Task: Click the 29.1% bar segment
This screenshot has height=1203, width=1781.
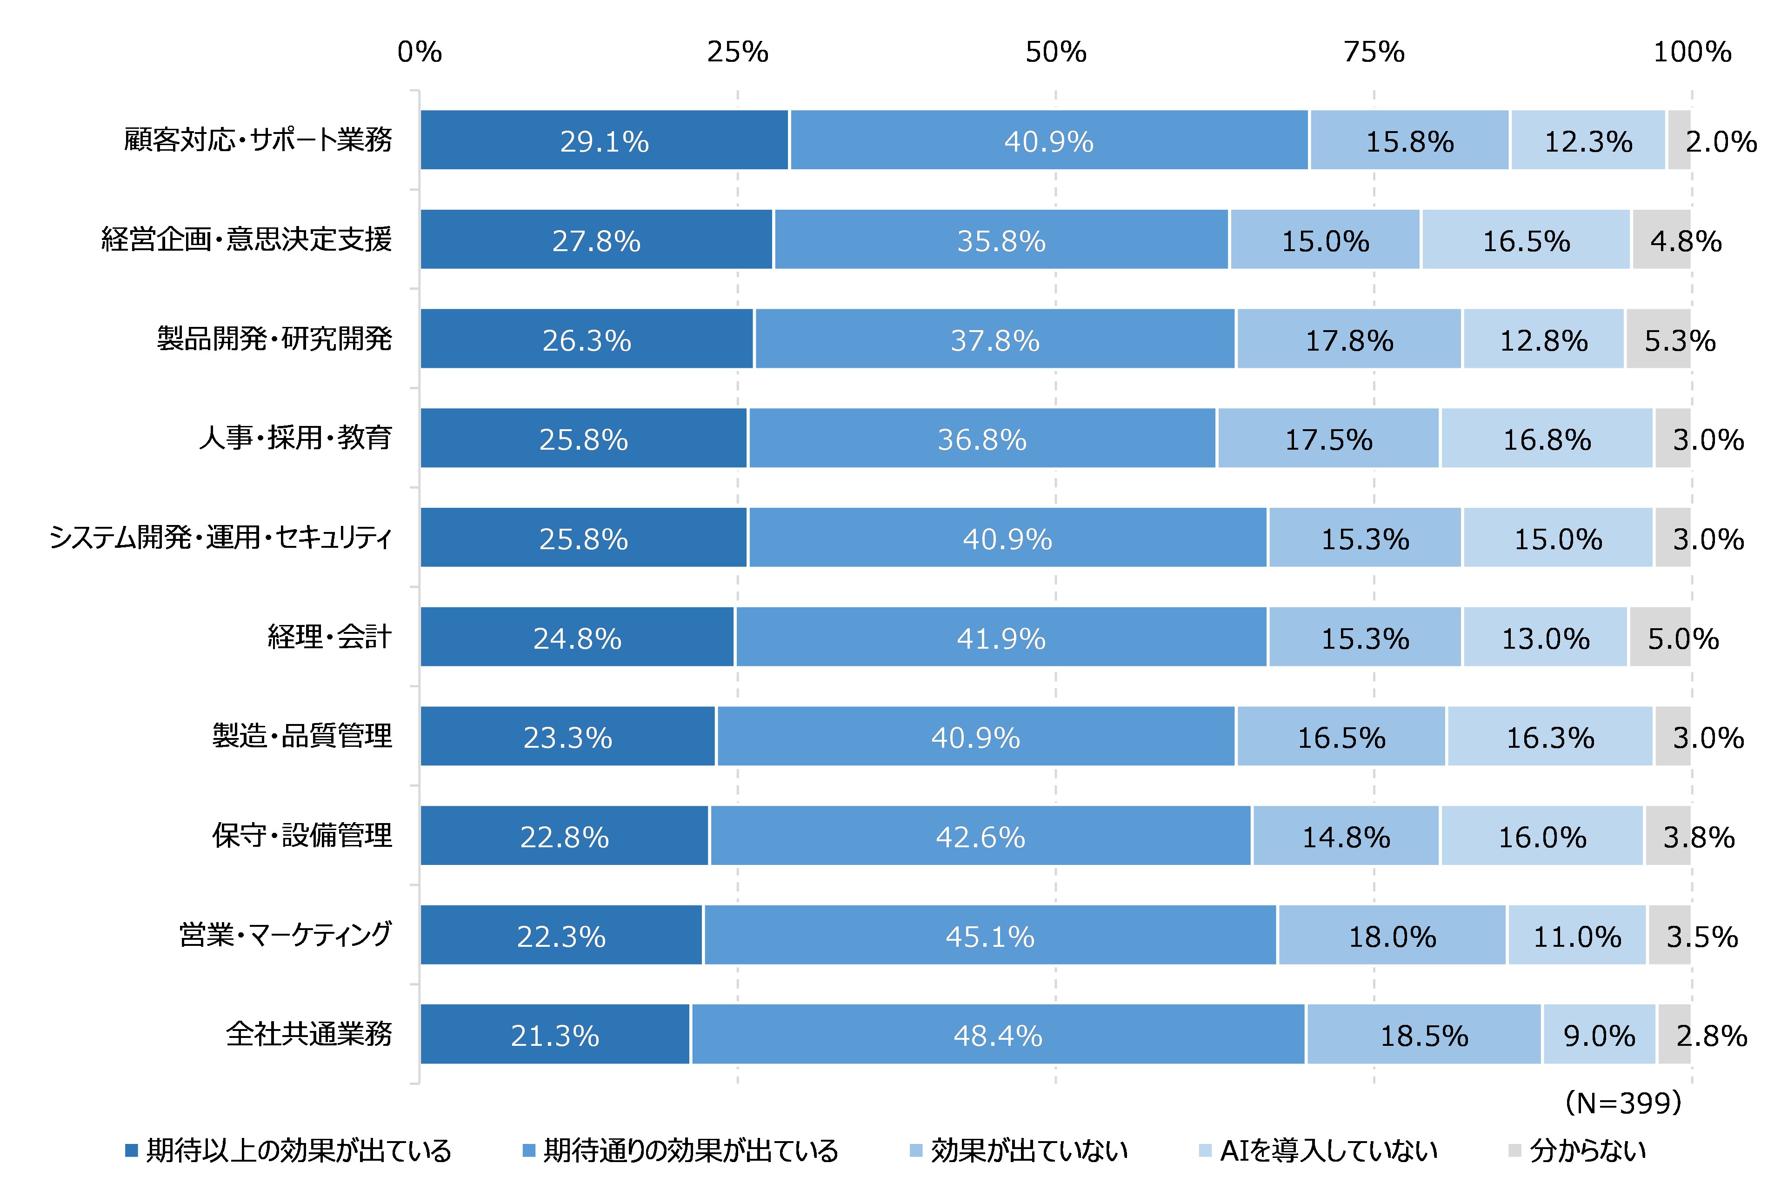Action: click(x=604, y=141)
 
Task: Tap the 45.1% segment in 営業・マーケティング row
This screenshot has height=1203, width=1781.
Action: click(x=990, y=936)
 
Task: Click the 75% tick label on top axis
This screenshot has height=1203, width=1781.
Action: click(x=1374, y=52)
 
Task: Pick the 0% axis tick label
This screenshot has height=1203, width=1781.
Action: click(x=419, y=52)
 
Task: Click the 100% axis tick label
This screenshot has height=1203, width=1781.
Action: click(x=1691, y=52)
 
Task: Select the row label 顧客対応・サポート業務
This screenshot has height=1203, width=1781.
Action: click(x=258, y=140)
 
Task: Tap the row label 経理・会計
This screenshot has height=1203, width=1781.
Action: click(x=329, y=637)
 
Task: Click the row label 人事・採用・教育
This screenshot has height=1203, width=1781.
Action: click(x=296, y=439)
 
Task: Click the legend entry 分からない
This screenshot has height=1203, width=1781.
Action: click(x=1587, y=1150)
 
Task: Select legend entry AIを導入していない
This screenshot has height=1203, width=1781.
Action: click(x=1327, y=1150)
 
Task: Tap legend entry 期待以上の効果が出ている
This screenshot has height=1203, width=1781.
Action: click(x=298, y=1150)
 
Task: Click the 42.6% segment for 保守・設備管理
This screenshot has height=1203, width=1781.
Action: click(x=980, y=837)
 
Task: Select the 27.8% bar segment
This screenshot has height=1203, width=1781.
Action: click(x=596, y=240)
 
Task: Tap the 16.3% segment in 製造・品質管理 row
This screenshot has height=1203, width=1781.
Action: click(x=1549, y=737)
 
